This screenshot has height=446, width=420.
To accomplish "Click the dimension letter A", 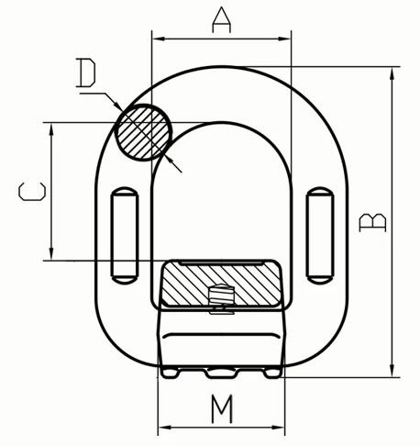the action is [222, 20].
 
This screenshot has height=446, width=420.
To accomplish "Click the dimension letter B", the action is [372, 223].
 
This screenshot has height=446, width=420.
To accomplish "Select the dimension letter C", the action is [32, 192].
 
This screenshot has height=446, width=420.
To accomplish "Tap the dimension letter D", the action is [85, 72].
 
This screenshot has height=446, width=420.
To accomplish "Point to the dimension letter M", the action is [222, 408].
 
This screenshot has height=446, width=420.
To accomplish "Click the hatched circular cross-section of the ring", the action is [143, 132].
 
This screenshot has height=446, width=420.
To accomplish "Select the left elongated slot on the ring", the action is [125, 235].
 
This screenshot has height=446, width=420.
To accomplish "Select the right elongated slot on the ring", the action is [320, 235].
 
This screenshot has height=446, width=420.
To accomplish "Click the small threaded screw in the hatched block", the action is [221, 295].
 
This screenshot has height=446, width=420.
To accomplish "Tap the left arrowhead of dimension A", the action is [159, 39].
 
